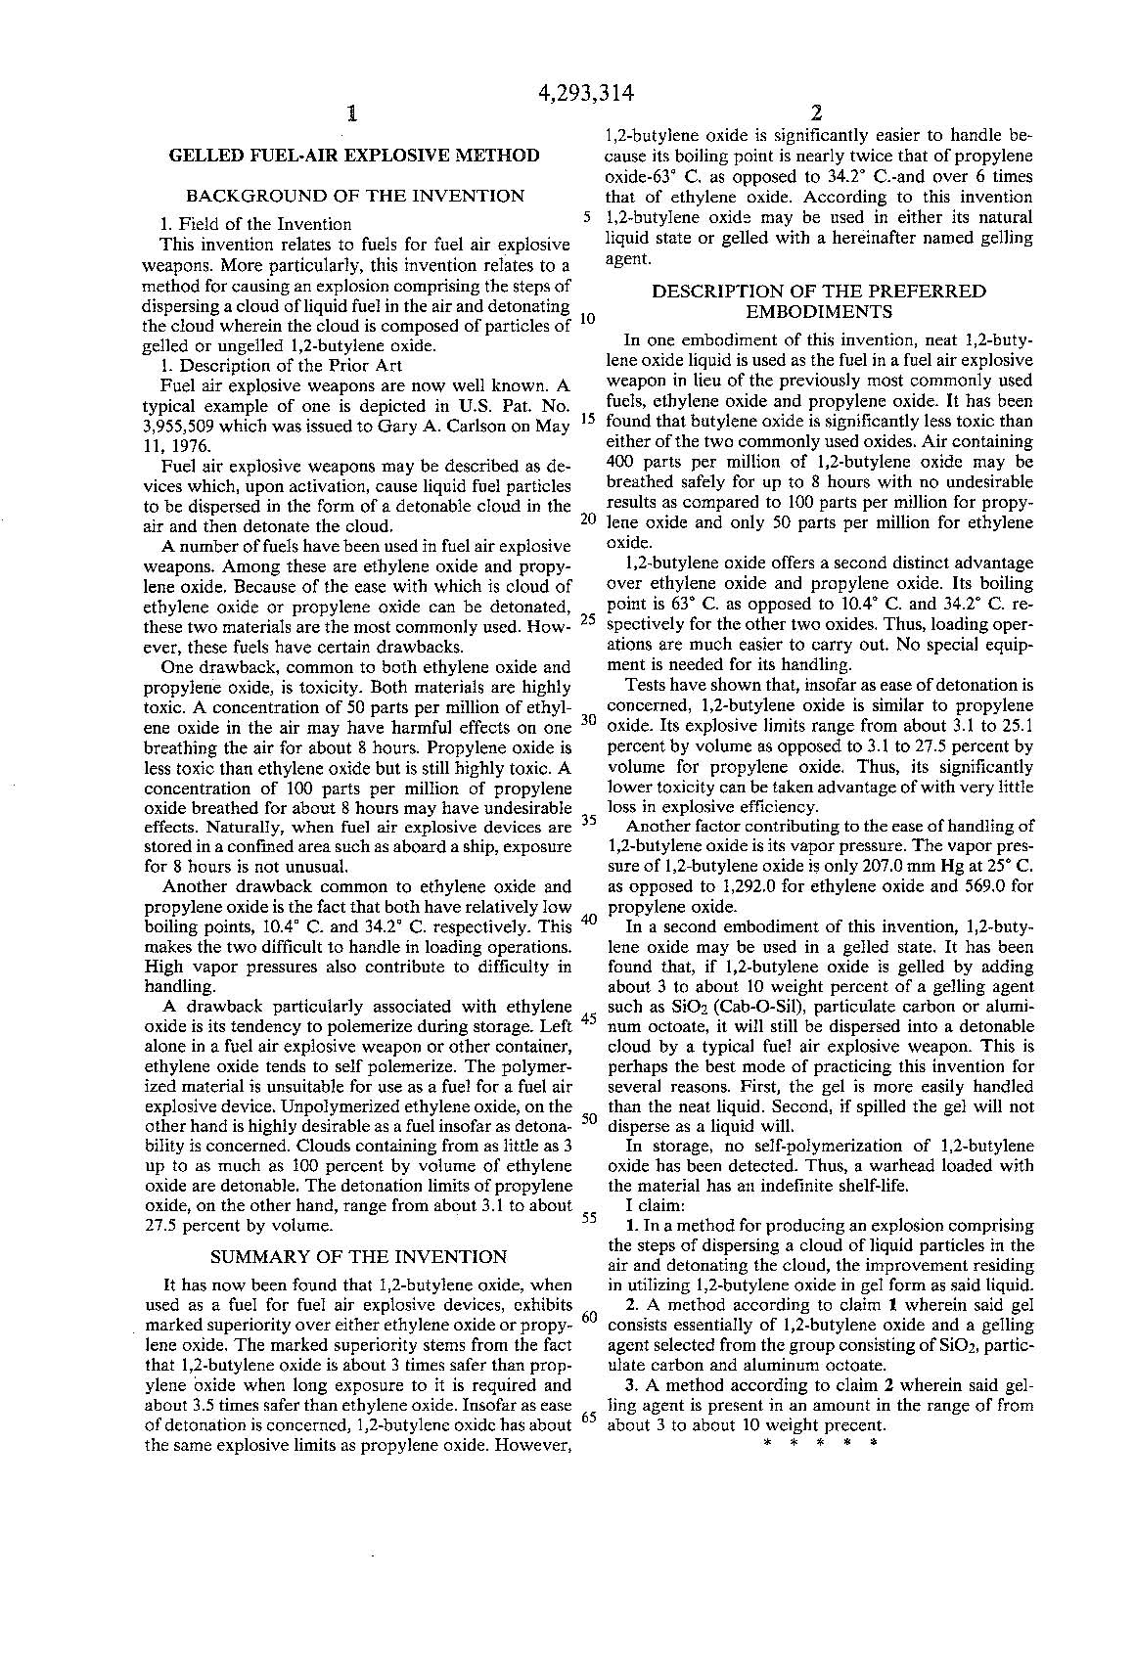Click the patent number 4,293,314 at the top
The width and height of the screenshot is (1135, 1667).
click(x=586, y=93)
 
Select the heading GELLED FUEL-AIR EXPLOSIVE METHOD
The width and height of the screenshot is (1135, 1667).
click(x=354, y=155)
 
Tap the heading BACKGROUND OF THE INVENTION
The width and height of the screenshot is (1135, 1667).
click(x=354, y=196)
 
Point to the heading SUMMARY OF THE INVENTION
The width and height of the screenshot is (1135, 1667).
click(x=359, y=1257)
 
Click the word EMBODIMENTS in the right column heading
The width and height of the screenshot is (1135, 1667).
click(x=819, y=312)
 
